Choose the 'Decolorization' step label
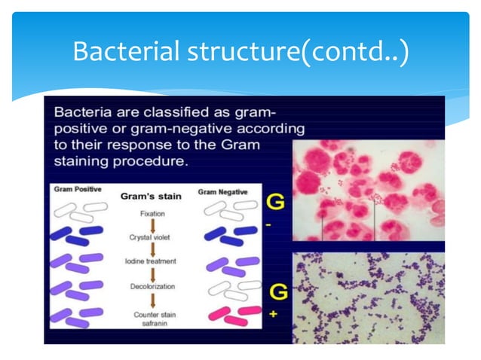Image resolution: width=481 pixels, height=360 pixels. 152,287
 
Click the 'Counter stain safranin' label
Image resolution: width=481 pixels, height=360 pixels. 152,319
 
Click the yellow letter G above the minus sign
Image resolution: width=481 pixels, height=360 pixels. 276,203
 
